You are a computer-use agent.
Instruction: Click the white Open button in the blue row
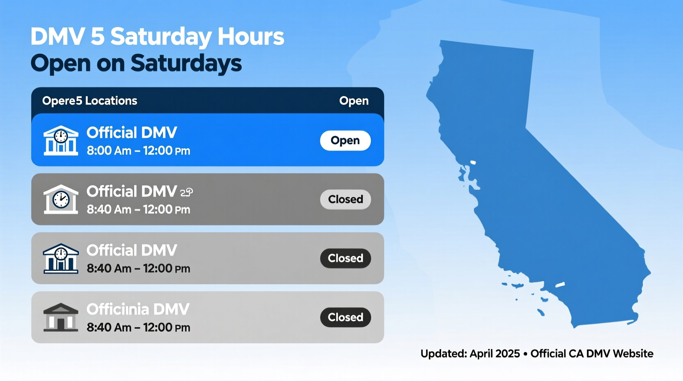[345, 140]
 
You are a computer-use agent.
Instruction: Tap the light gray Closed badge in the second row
[345, 200]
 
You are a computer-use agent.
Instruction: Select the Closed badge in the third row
[345, 258]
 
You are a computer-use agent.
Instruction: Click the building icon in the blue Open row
[61, 140]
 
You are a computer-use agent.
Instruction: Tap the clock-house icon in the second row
[61, 200]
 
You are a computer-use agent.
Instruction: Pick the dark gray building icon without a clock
[61, 317]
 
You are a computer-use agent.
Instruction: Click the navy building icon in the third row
[61, 259]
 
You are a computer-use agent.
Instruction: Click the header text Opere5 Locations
[89, 101]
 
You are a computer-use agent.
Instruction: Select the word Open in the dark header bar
[353, 101]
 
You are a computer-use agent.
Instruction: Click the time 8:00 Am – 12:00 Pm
[138, 151]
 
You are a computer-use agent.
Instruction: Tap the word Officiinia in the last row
[117, 309]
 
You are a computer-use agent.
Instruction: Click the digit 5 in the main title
[98, 37]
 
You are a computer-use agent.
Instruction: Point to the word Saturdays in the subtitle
[186, 64]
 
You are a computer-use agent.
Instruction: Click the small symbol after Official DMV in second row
[187, 192]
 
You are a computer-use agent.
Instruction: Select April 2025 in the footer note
[495, 353]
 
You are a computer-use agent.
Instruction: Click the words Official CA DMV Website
[591, 353]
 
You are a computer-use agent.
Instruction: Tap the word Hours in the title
[250, 37]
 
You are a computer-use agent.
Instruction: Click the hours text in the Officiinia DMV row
[138, 328]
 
